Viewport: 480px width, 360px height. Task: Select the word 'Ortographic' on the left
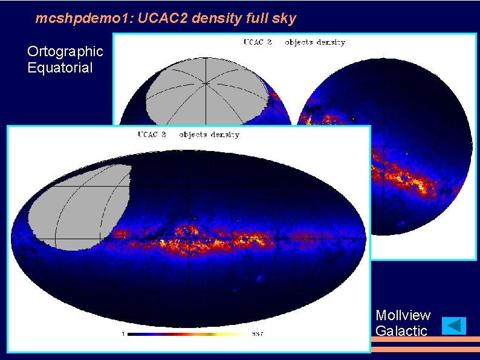pyautogui.click(x=65, y=51)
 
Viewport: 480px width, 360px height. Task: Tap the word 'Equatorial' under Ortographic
pyautogui.click(x=60, y=68)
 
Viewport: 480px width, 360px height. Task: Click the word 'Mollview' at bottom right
pyautogui.click(x=403, y=315)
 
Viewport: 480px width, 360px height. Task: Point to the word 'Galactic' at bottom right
pyautogui.click(x=401, y=331)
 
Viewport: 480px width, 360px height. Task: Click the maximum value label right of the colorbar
pyautogui.click(x=257, y=334)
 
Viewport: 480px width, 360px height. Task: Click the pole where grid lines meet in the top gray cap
pyautogui.click(x=206, y=83)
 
